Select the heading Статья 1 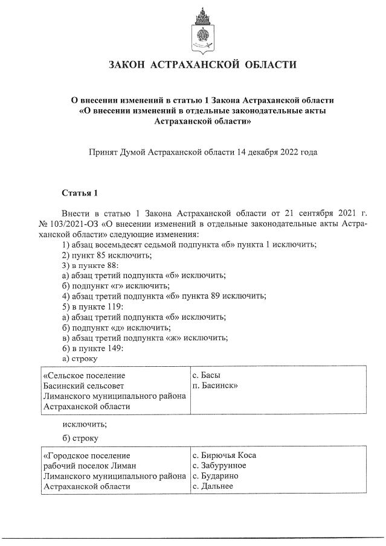(80, 192)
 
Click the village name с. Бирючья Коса (228, 456)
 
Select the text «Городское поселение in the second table (86, 456)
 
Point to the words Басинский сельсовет (85, 386)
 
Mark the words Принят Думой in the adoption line (114, 152)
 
